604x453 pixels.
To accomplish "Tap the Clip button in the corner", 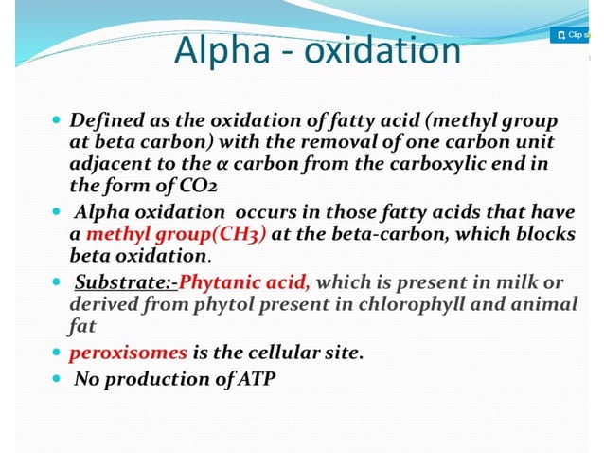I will tap(572, 35).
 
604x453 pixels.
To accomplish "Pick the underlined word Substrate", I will tap(118, 281).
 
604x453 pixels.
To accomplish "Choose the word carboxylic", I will tap(421, 164).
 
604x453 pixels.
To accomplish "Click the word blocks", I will tap(542, 234).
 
